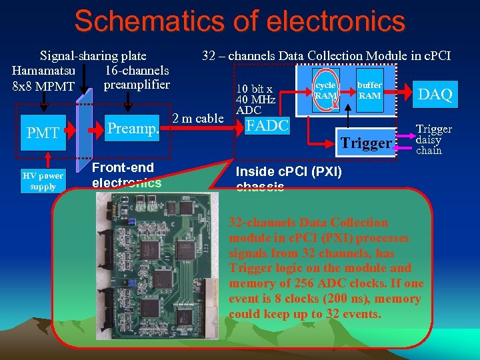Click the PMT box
tap(43, 133)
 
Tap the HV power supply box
tap(43, 181)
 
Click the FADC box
tap(266, 125)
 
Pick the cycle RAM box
tap(325, 90)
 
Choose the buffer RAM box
tap(369, 90)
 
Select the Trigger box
tap(366, 143)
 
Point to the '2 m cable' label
tap(198, 119)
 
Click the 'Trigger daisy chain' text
tap(433, 139)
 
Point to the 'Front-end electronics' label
tap(126, 175)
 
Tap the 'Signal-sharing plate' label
tap(93, 56)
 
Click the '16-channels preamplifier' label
tap(137, 77)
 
